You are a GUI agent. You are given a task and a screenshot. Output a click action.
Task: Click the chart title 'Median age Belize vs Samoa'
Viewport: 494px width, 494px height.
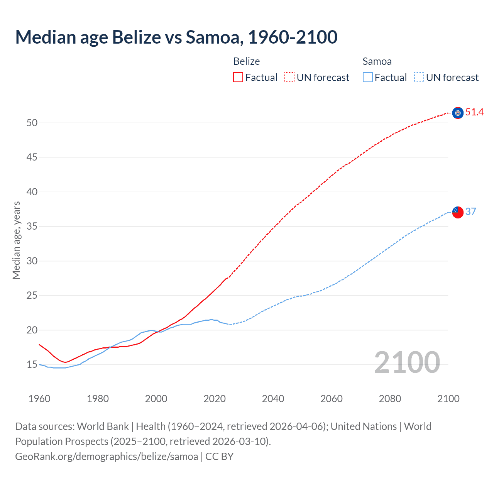pos(176,37)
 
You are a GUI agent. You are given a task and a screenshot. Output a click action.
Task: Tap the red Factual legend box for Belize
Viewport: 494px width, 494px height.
pos(238,78)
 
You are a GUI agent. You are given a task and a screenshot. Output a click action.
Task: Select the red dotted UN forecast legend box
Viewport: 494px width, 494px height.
pos(289,78)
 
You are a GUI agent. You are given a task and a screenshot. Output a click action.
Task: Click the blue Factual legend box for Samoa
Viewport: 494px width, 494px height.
pos(367,78)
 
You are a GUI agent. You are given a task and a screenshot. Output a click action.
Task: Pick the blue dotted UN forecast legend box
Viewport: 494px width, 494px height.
pos(419,78)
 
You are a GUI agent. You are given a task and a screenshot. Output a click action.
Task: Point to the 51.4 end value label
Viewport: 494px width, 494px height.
pos(474,112)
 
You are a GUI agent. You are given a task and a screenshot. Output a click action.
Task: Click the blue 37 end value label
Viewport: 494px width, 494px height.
pos(470,211)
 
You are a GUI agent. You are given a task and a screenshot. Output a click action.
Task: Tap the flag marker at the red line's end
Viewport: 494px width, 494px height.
pos(458,113)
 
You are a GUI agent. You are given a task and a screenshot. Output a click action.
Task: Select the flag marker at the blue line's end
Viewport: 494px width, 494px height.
pos(458,212)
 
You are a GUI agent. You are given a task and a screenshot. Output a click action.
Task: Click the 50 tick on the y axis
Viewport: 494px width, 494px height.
pos(32,123)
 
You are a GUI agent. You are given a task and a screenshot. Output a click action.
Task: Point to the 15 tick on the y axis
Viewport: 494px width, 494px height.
pos(32,365)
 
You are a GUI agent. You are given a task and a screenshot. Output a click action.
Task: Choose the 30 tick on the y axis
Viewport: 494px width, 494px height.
pos(32,261)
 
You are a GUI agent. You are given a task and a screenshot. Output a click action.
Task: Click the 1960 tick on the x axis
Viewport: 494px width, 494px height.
pos(39,399)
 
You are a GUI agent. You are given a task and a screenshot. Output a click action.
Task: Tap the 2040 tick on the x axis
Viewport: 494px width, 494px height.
pos(273,399)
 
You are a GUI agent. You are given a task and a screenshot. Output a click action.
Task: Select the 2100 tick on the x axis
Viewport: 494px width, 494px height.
pos(448,399)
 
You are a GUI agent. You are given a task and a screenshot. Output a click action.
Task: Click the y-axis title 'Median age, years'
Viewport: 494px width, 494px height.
pos(16,240)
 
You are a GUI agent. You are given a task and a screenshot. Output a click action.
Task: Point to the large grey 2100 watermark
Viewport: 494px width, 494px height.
pos(407,362)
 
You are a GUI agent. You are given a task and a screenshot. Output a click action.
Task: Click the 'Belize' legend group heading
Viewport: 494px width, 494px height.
pos(247,61)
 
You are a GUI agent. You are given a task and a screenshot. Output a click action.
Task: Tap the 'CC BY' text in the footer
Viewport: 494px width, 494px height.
pos(219,457)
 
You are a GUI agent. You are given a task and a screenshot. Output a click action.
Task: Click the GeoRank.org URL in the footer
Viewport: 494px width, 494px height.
pos(107,457)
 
